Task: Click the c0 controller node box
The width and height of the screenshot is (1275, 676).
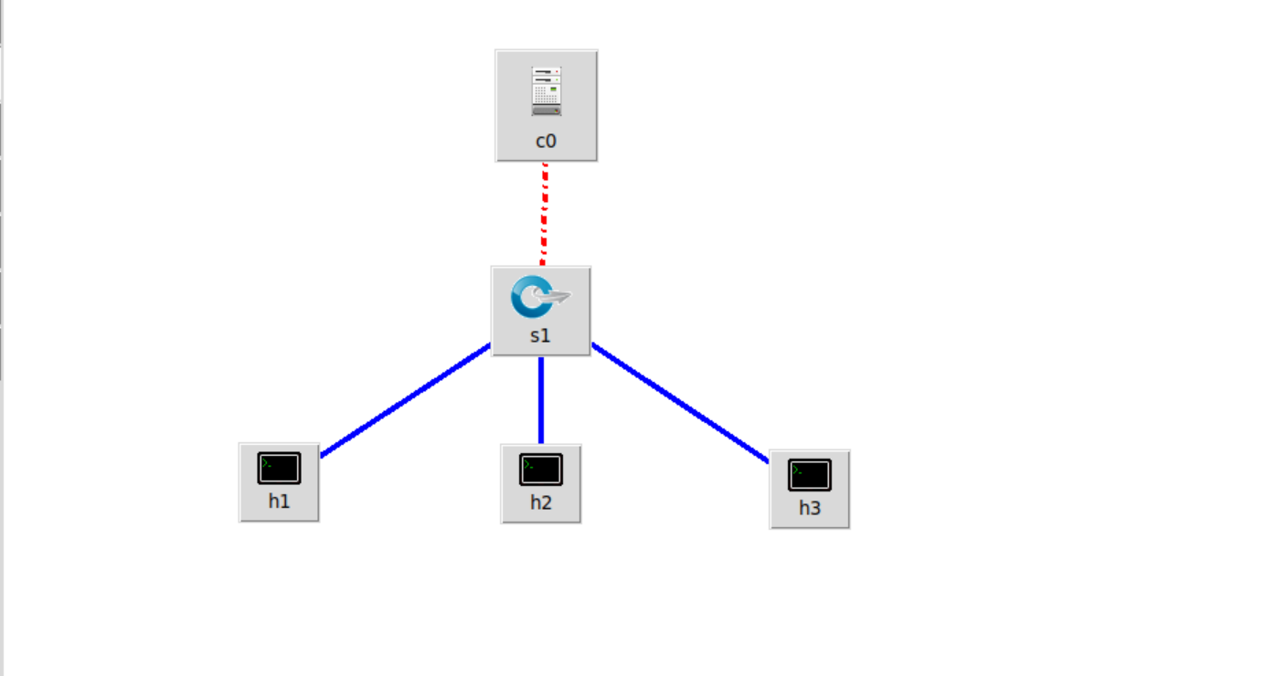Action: coord(546,106)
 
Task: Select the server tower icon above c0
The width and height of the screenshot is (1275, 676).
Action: coord(546,90)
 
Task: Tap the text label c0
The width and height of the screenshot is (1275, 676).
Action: coord(546,142)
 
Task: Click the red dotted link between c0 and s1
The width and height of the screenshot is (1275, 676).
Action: coord(544,214)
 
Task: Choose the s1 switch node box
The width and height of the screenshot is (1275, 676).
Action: coord(540,312)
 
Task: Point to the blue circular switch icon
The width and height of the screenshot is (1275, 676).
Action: coord(529,297)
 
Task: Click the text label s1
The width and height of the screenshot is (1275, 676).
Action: coord(540,335)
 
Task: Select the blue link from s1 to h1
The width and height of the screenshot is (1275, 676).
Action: coord(406,399)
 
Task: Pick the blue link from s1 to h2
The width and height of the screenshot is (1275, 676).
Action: coord(541,400)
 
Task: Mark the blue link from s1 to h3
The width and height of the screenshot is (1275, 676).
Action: coord(680,403)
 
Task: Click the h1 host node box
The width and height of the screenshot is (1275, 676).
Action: coord(279,482)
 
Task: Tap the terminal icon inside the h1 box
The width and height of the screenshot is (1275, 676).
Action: coord(279,468)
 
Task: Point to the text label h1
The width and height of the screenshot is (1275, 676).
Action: coord(279,501)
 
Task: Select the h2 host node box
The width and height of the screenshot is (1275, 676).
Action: coord(540,483)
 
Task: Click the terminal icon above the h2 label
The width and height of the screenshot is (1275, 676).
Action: coord(540,469)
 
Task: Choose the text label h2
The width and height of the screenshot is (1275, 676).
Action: coord(540,502)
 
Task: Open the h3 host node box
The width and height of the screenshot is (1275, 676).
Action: coord(809,489)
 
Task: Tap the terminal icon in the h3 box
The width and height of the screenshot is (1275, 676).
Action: coord(809,474)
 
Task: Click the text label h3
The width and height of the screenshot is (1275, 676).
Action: coord(810,508)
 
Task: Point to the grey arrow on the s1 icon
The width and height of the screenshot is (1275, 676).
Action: coord(556,296)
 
